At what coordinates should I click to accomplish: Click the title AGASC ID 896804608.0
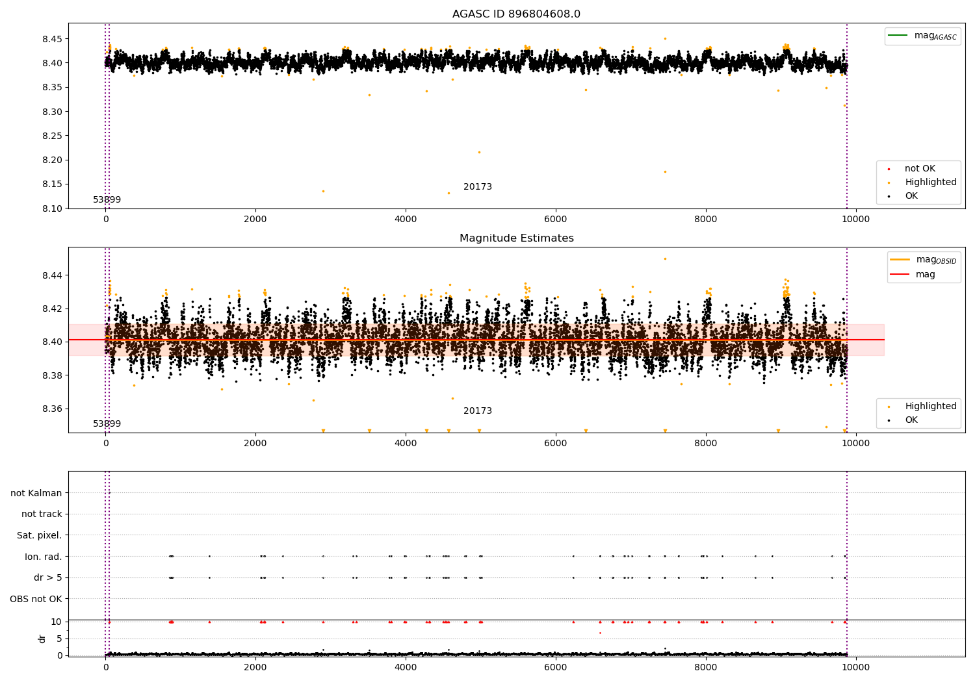[x=516, y=14]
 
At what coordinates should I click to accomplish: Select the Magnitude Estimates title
[x=516, y=238]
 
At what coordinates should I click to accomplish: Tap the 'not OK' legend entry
[x=920, y=169]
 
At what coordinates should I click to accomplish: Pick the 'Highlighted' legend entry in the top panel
[x=930, y=183]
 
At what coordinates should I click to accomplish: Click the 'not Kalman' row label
[x=36, y=493]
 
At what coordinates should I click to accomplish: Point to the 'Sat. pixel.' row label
[x=39, y=535]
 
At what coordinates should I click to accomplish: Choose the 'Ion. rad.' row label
[x=43, y=557]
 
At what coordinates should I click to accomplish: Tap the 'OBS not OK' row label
[x=36, y=599]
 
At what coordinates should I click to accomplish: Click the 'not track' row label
[x=42, y=514]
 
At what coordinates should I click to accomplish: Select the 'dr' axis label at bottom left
[x=42, y=638]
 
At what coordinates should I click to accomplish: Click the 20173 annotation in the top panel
[x=477, y=187]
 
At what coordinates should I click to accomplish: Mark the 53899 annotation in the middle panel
[x=107, y=424]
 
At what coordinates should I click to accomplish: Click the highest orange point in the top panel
[x=665, y=38]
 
